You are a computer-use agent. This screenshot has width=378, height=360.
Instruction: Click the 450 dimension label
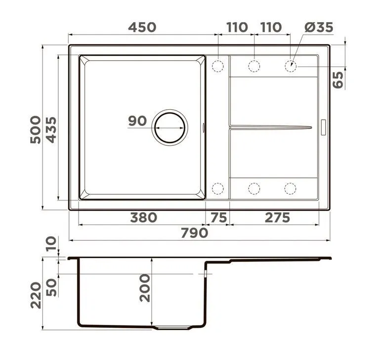tap(142, 27)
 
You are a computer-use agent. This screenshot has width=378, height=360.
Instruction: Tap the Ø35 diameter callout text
tap(319, 27)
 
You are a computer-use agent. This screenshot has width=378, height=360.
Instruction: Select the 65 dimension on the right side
tap(338, 80)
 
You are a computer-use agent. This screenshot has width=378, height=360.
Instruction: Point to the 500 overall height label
tap(36, 130)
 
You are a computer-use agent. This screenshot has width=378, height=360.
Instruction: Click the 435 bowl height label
tap(51, 130)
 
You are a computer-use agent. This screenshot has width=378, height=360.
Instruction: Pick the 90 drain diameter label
tap(137, 121)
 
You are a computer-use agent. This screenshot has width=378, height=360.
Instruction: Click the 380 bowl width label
tap(144, 218)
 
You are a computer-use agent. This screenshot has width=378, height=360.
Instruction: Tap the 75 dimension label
tap(219, 218)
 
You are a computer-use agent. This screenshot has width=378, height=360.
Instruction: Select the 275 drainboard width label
tap(277, 218)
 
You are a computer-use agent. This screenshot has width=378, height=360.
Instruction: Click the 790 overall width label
tap(195, 233)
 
